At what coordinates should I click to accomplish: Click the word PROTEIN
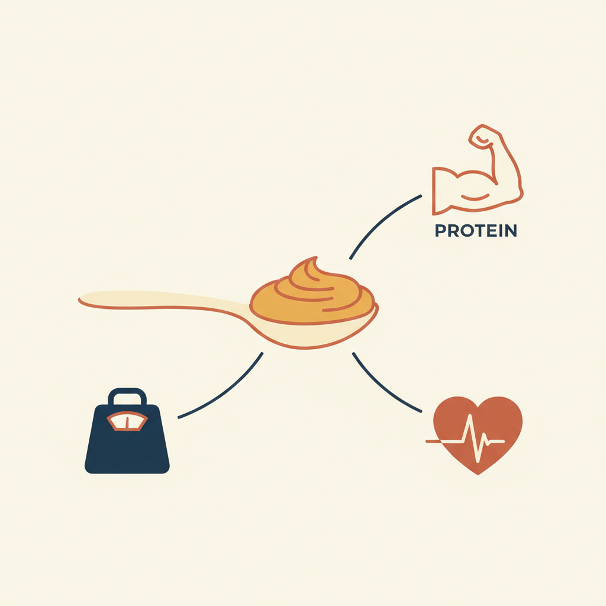(476, 230)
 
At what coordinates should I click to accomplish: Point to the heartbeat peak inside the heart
(472, 421)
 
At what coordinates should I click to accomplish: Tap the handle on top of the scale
(127, 395)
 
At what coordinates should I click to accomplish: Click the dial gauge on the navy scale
(127, 421)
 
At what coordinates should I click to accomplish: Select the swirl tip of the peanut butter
(312, 262)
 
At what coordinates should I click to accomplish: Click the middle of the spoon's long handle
(166, 301)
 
